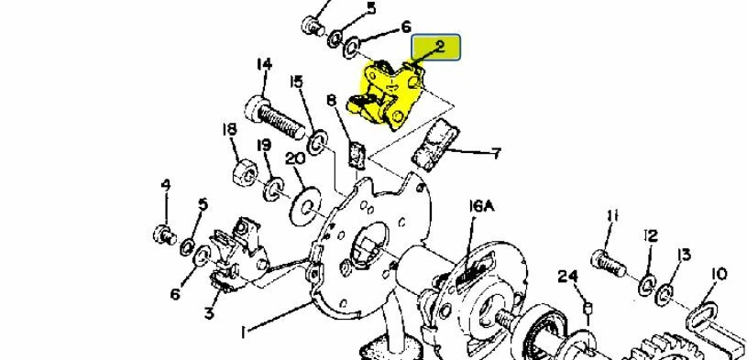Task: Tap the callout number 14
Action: point(264,64)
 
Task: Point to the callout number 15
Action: point(296,82)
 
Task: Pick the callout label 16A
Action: point(481,208)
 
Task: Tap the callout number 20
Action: point(295,158)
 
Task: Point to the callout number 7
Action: point(496,153)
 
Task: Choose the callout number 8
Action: point(331,100)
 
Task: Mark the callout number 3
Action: point(209,313)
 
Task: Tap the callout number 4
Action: point(166,185)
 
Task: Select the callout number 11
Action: point(612,216)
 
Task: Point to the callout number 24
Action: point(568,275)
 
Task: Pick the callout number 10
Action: point(718,273)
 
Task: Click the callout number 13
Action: point(684,256)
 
